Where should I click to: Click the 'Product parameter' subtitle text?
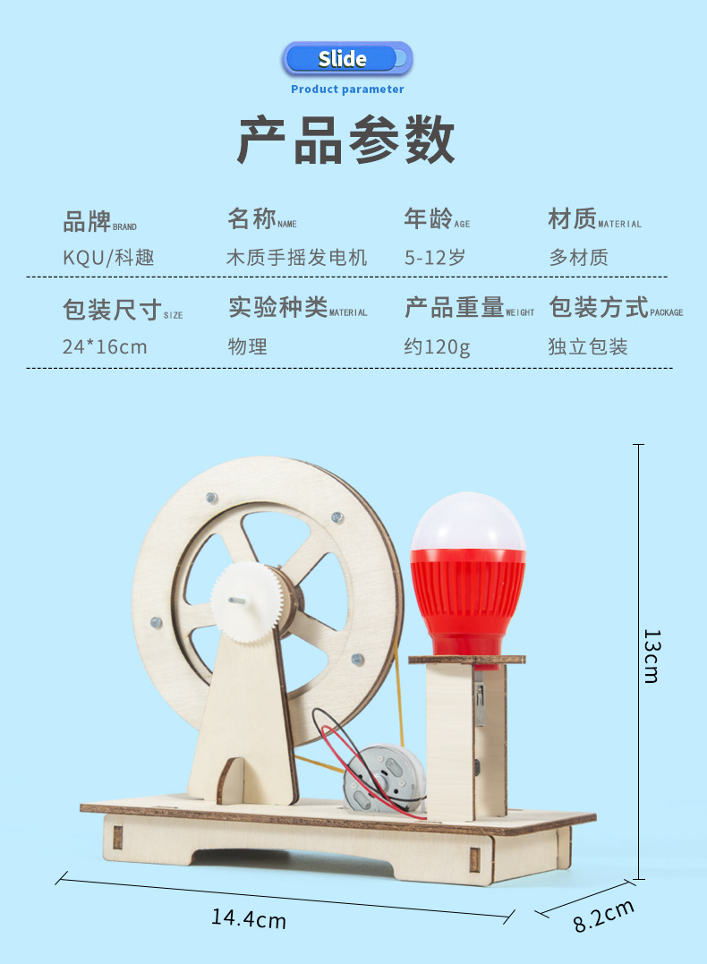[x=347, y=90]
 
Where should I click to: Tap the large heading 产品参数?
[x=346, y=140]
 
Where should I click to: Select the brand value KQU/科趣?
[x=108, y=258]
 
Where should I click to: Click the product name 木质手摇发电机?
[x=296, y=258]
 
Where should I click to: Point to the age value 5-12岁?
[x=435, y=258]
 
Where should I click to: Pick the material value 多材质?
[x=578, y=258]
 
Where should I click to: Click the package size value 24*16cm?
[x=105, y=346]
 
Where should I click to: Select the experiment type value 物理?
[x=248, y=346]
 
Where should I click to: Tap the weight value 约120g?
[x=437, y=346]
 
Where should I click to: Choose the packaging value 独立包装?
[x=588, y=346]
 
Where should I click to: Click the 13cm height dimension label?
[x=652, y=655]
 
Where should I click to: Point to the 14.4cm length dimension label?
[x=249, y=918]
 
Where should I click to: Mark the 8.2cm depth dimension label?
[x=604, y=916]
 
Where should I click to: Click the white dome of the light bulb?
[x=468, y=521]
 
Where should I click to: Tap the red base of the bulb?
[x=468, y=595]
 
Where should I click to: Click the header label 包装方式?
[x=598, y=308]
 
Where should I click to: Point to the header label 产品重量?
[x=455, y=308]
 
